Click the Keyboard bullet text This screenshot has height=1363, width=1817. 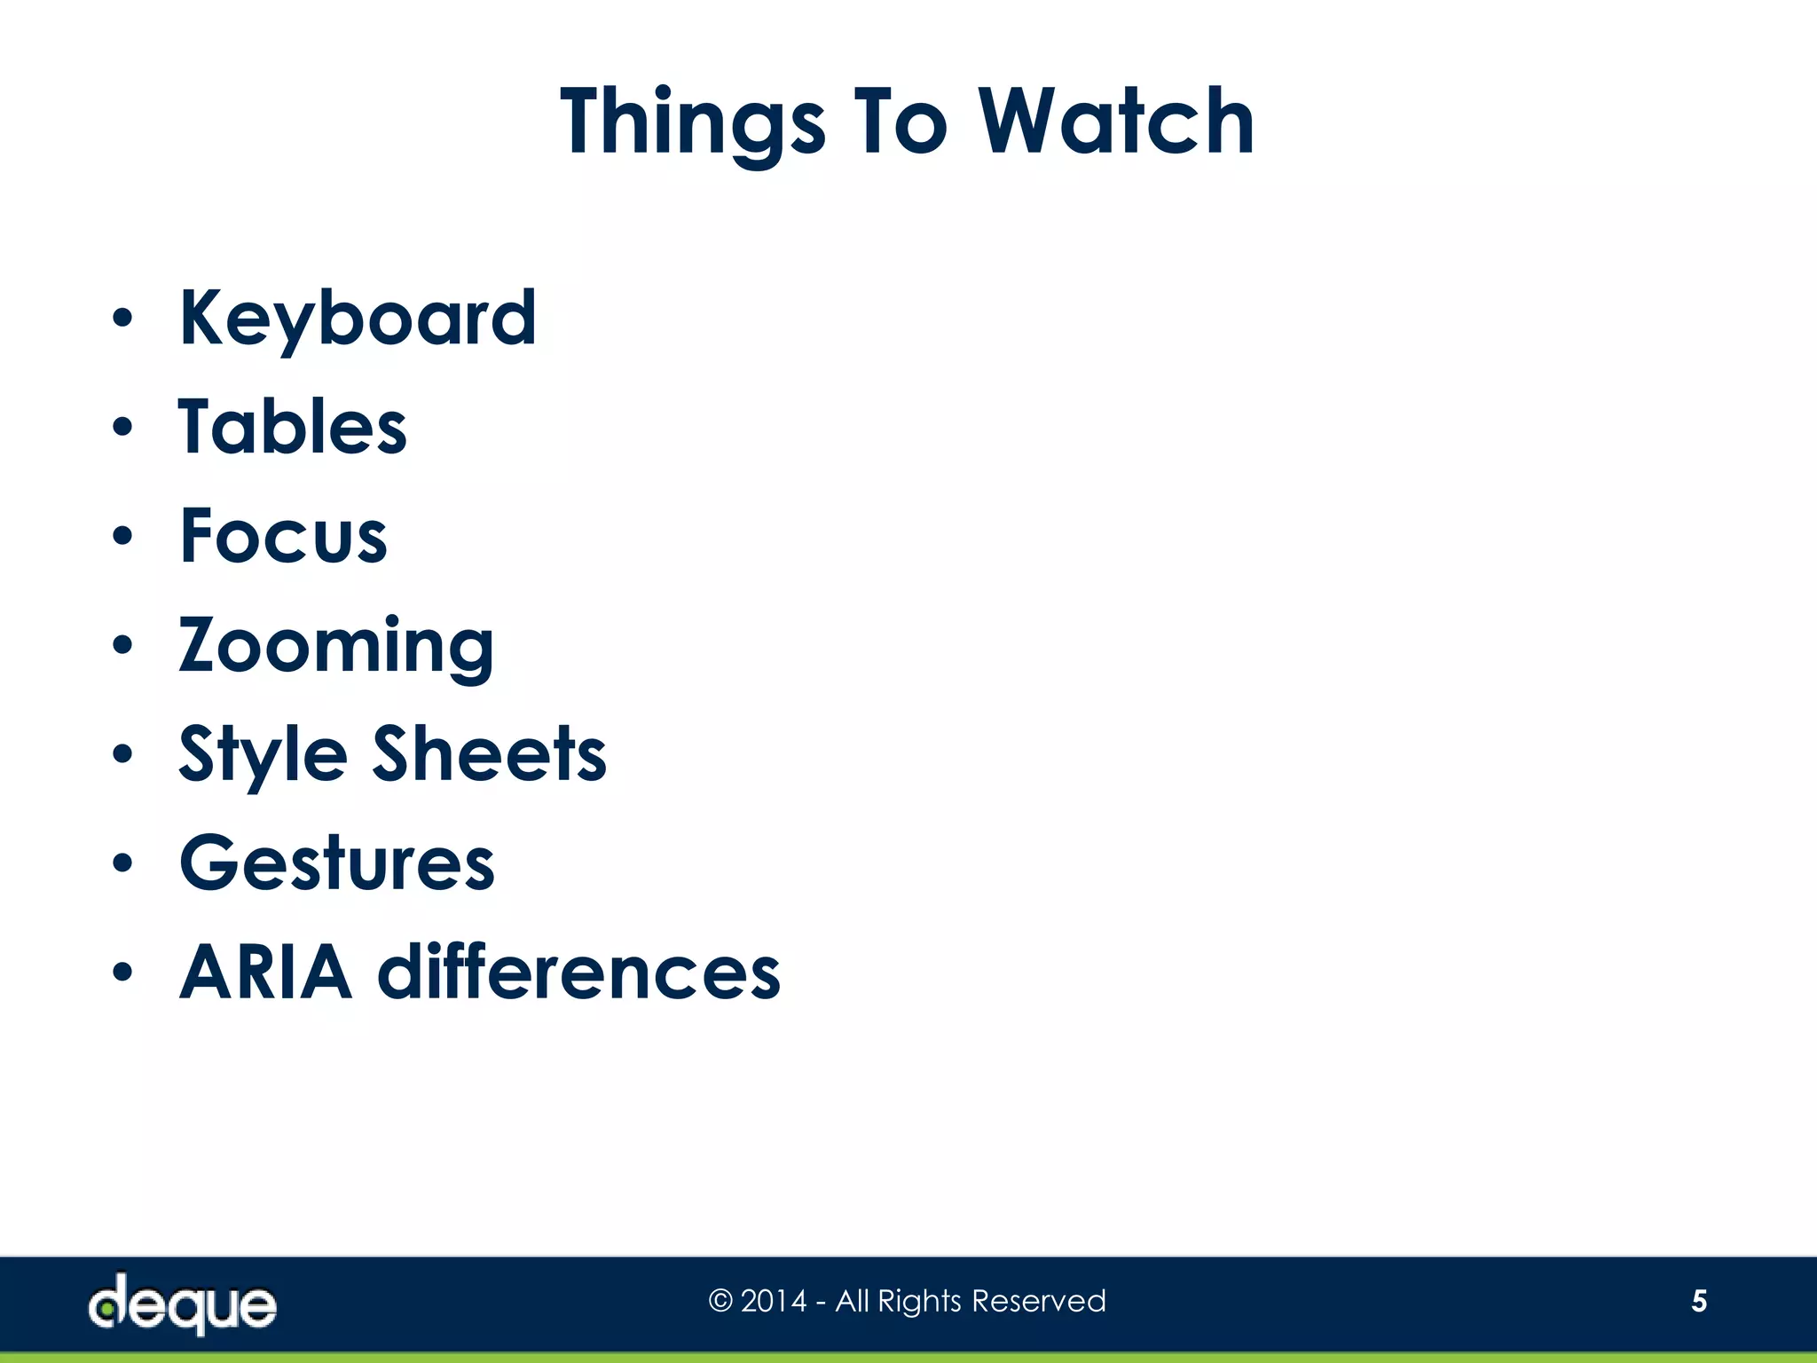tap(358, 319)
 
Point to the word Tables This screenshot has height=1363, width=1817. tap(293, 428)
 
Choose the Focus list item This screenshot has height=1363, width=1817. tap(284, 536)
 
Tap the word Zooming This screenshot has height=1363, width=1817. tap(336, 646)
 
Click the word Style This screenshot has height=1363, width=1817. tap(263, 754)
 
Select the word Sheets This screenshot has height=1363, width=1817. tap(489, 754)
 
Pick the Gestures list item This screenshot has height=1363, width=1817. tap(337, 863)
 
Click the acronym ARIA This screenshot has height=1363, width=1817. tap(265, 973)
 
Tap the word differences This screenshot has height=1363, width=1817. tap(579, 973)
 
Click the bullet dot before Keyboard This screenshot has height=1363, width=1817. tap(122, 319)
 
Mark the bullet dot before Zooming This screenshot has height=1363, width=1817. tap(122, 646)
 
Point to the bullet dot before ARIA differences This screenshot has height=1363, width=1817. tap(122, 973)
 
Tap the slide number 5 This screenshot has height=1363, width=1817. tap(1699, 1301)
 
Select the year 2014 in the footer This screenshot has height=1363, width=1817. tap(774, 1301)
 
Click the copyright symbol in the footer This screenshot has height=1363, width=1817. tap(720, 1302)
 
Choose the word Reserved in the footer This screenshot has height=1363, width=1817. tap(1039, 1301)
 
